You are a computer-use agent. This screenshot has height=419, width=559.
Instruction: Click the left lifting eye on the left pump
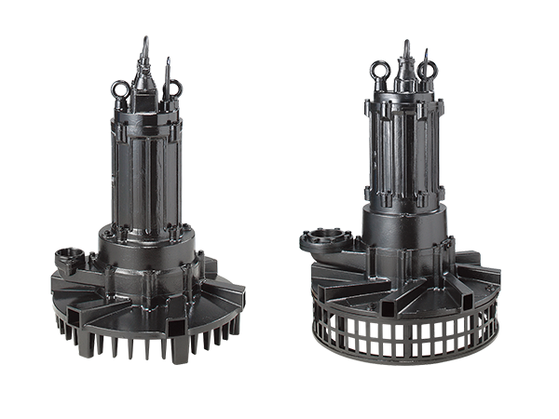(120, 89)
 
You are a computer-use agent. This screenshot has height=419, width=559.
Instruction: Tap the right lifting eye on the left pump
(172, 90)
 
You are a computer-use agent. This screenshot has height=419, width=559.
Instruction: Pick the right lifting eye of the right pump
(428, 69)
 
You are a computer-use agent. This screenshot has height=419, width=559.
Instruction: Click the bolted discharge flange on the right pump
(320, 239)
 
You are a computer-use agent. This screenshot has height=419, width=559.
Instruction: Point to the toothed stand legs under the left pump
(149, 345)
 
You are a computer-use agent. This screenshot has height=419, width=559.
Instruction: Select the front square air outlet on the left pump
(176, 327)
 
